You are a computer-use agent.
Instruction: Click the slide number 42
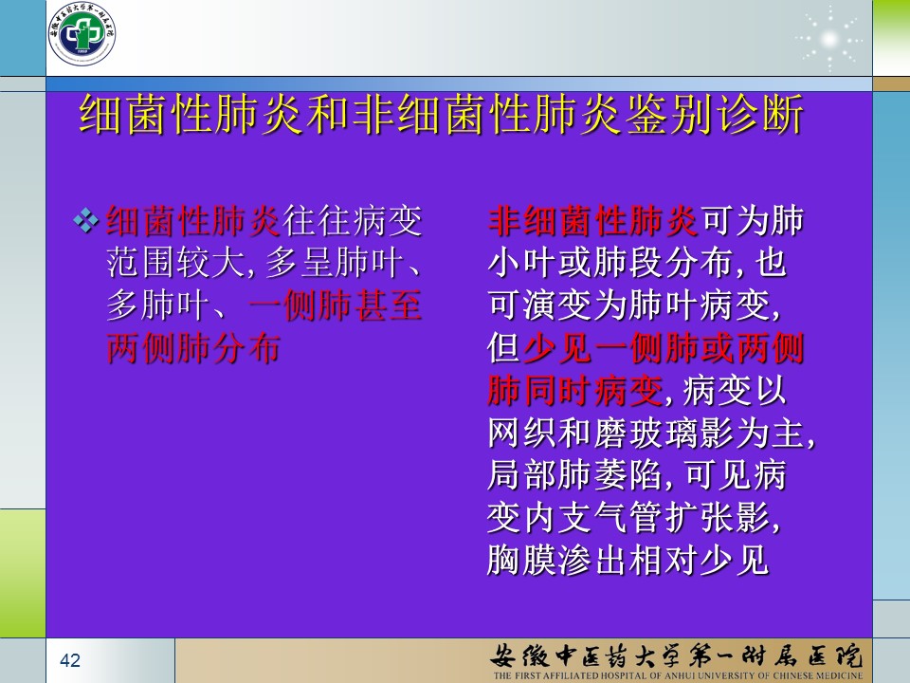70,660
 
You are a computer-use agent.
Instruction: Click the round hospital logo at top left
82,33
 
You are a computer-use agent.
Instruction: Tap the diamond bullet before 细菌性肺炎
86,221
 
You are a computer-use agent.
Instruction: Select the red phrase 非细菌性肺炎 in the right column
593,221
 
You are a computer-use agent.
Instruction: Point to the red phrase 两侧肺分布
193,348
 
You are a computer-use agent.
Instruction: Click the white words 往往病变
353,221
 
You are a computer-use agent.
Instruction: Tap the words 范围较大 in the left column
176,263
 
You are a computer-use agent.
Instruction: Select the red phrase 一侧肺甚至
335,305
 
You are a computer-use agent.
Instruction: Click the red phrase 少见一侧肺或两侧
664,348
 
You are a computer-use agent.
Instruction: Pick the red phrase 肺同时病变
575,390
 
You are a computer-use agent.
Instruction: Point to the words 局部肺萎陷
575,475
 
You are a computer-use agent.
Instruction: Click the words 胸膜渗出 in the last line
557,560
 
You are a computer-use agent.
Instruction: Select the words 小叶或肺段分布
610,263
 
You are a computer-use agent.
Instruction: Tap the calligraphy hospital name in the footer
677,655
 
